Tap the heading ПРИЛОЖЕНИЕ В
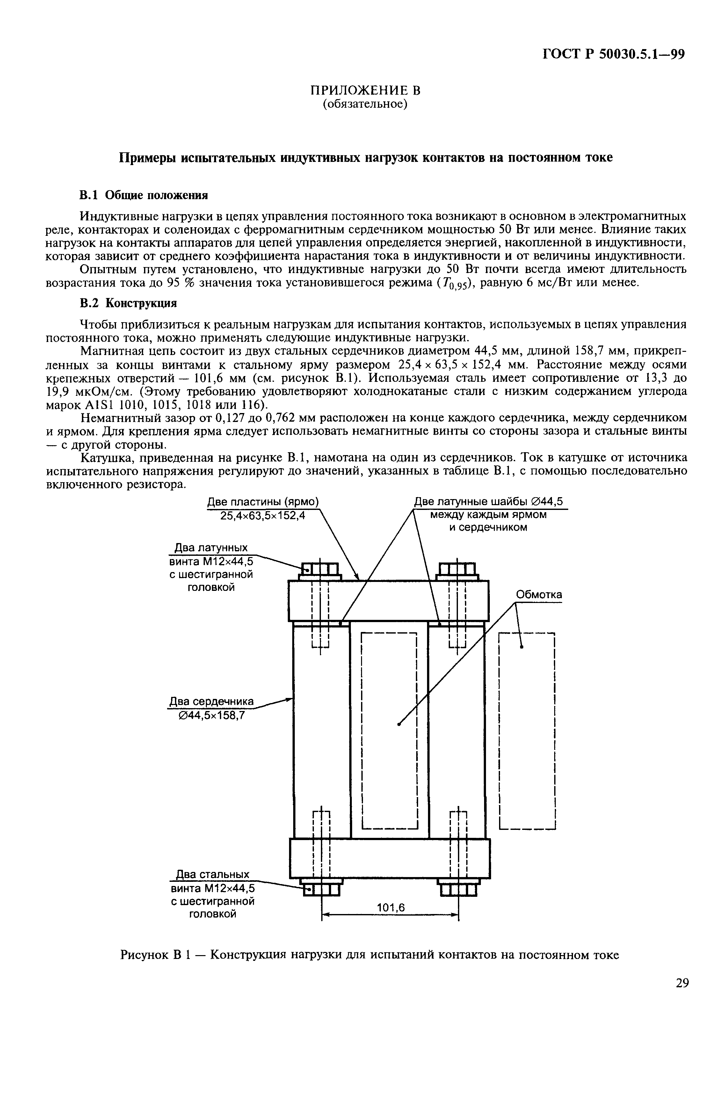(365, 90)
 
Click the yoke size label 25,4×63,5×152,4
(263, 515)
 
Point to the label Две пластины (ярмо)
(263, 502)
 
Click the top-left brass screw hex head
(320, 569)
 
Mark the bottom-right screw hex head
(458, 890)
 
